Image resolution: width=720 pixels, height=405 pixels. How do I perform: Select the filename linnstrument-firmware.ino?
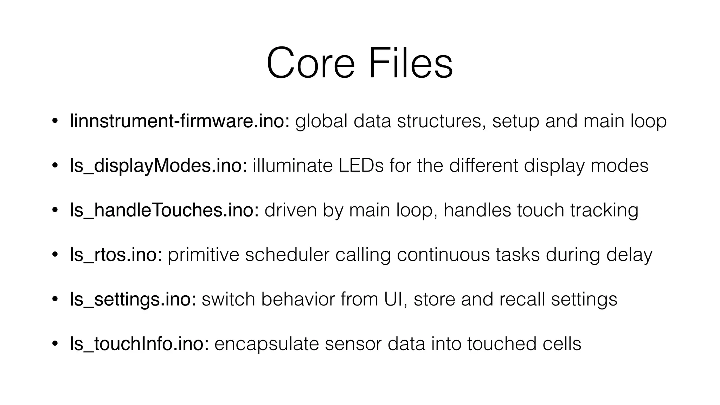coord(179,121)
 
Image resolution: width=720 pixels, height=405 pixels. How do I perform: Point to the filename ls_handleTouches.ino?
coord(164,210)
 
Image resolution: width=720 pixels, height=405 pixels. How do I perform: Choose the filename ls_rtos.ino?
coord(116,255)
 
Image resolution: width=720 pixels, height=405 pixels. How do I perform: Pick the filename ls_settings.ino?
coord(133,300)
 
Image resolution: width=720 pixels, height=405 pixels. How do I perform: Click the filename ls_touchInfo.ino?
coord(139,344)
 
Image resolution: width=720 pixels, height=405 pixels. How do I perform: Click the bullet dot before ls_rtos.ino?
coord(54,255)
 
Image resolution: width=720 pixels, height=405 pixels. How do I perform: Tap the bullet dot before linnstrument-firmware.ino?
coord(54,121)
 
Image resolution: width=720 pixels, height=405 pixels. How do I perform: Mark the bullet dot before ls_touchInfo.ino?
coord(54,344)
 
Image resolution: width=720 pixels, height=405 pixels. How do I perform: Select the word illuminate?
coord(292,166)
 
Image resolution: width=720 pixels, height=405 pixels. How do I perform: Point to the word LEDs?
coord(361,166)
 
